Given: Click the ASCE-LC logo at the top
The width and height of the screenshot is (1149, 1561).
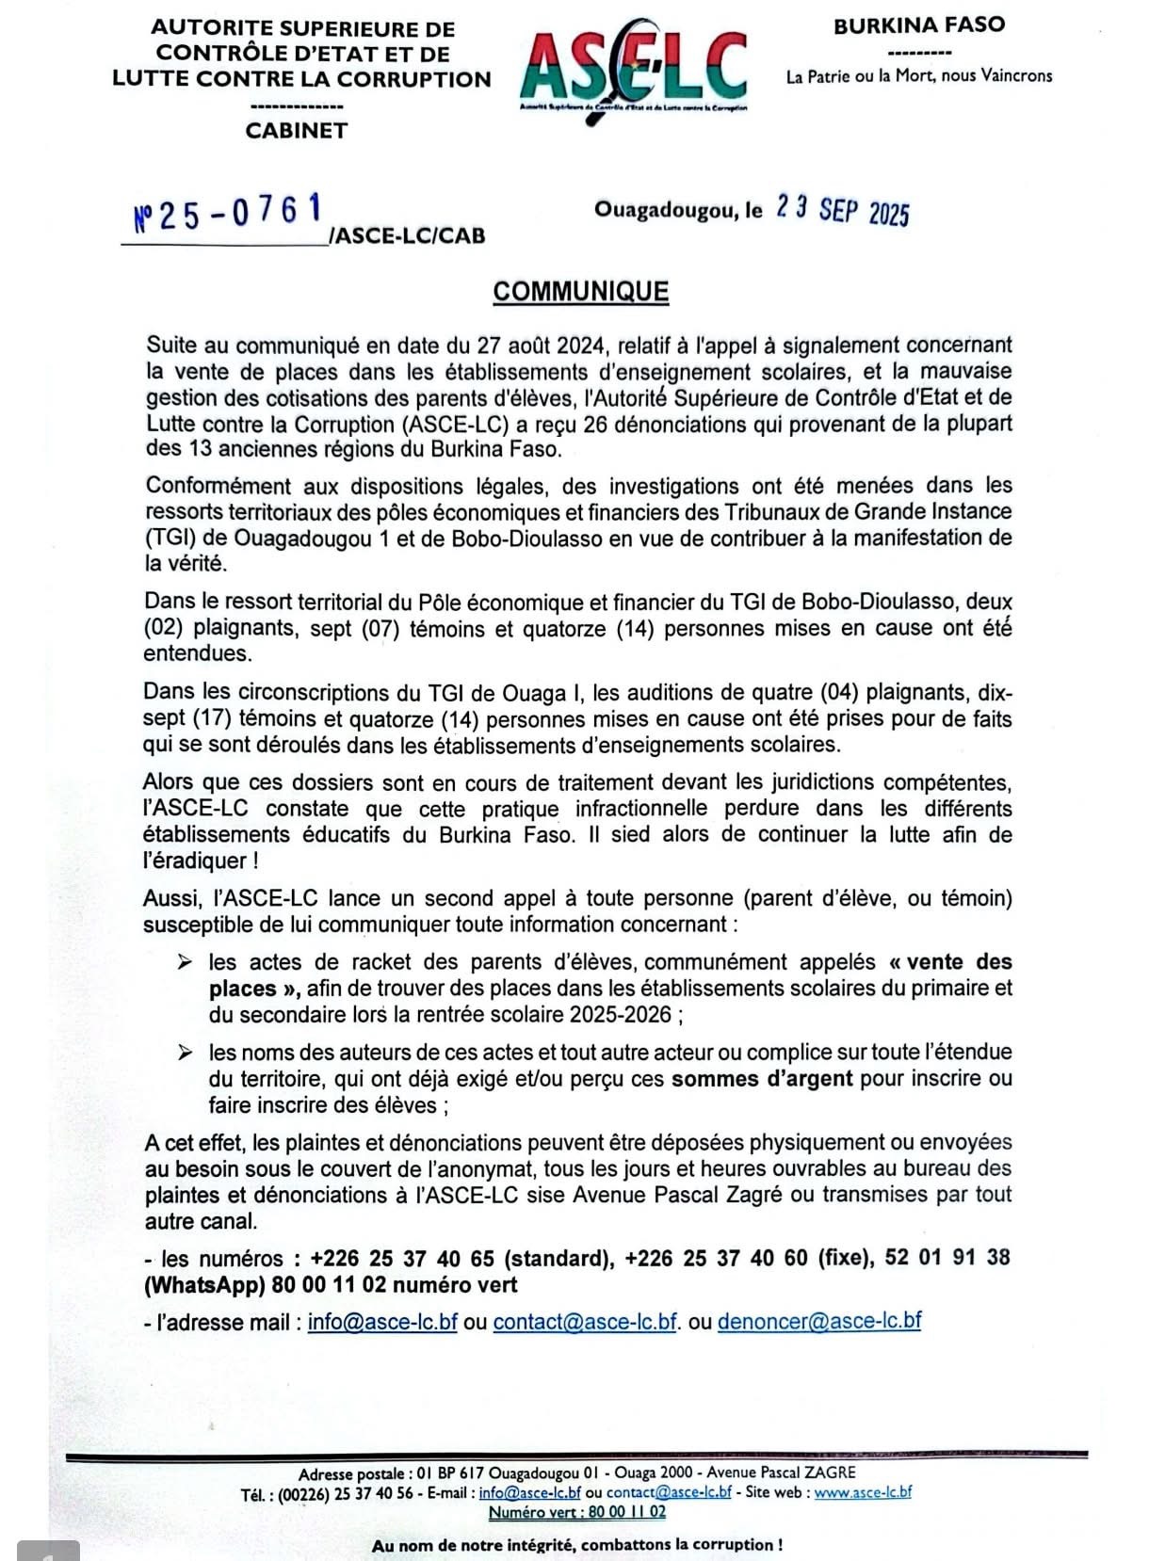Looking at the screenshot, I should (x=633, y=71).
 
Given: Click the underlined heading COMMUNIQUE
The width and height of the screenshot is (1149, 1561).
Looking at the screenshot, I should (x=580, y=291).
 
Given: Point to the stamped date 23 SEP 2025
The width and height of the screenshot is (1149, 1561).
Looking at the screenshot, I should (x=842, y=210).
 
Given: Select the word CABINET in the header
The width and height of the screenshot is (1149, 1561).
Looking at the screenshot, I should (x=296, y=131).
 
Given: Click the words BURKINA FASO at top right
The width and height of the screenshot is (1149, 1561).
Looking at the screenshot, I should (x=918, y=25).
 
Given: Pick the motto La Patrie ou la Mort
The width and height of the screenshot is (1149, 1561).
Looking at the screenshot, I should (x=918, y=76).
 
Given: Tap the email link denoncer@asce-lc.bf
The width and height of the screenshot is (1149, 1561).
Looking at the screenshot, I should (x=819, y=1321).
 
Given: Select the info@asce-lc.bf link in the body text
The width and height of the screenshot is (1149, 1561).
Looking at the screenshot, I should (x=382, y=1322).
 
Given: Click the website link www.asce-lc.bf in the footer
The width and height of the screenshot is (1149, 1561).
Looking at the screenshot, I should (x=863, y=1492).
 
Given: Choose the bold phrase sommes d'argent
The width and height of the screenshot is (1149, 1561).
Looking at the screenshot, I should (x=762, y=1079).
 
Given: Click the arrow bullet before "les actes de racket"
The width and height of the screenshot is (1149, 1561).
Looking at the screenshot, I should (x=186, y=962).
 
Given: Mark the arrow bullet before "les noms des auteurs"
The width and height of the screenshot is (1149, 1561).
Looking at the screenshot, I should (x=186, y=1053).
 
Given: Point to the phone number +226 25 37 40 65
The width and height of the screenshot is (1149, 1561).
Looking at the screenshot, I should (x=402, y=1259).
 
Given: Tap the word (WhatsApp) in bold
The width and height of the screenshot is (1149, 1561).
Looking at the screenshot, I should (x=203, y=1285).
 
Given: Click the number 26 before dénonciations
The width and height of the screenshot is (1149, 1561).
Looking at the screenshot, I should (x=595, y=425).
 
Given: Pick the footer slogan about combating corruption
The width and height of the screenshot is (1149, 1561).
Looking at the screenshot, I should (x=576, y=1545).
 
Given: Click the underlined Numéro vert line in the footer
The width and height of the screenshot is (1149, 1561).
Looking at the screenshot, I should (x=576, y=1512).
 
